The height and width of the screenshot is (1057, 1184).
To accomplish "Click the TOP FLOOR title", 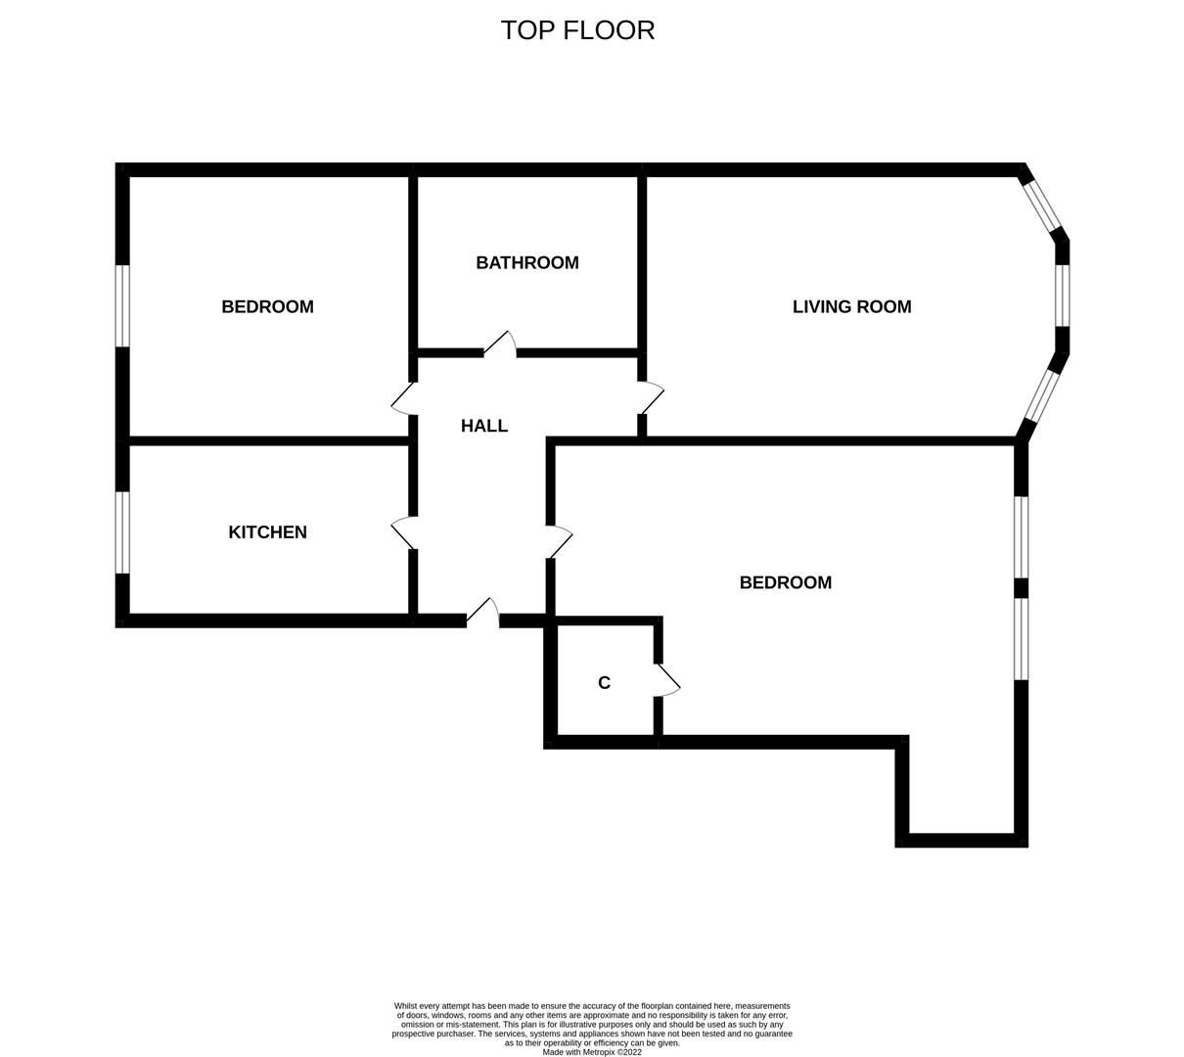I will pos(577,30).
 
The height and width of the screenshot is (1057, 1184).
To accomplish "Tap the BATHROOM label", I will pos(527,262).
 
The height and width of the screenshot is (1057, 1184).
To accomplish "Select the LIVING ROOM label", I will pos(851,306).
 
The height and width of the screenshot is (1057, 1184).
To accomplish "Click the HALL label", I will pos(484,426).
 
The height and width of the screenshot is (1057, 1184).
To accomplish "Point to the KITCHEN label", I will pos(267,531).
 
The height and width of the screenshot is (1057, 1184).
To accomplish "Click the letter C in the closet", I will pos(604,683).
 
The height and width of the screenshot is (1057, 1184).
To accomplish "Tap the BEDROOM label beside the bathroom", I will pos(267,306).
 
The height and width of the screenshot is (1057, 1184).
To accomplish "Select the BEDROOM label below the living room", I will pos(785,582).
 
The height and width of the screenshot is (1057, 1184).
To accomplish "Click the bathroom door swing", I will pos(500,344).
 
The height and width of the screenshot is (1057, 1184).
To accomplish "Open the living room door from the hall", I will pos(651,397).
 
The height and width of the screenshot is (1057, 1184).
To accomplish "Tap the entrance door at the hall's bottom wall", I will pos(483,612).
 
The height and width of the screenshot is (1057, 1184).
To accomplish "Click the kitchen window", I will pos(122,532).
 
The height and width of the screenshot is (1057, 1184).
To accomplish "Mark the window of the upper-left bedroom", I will pos(122,305).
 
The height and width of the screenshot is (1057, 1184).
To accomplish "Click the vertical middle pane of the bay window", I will pos(1062,295).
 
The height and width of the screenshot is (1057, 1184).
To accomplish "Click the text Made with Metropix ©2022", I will pos(592,1052).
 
